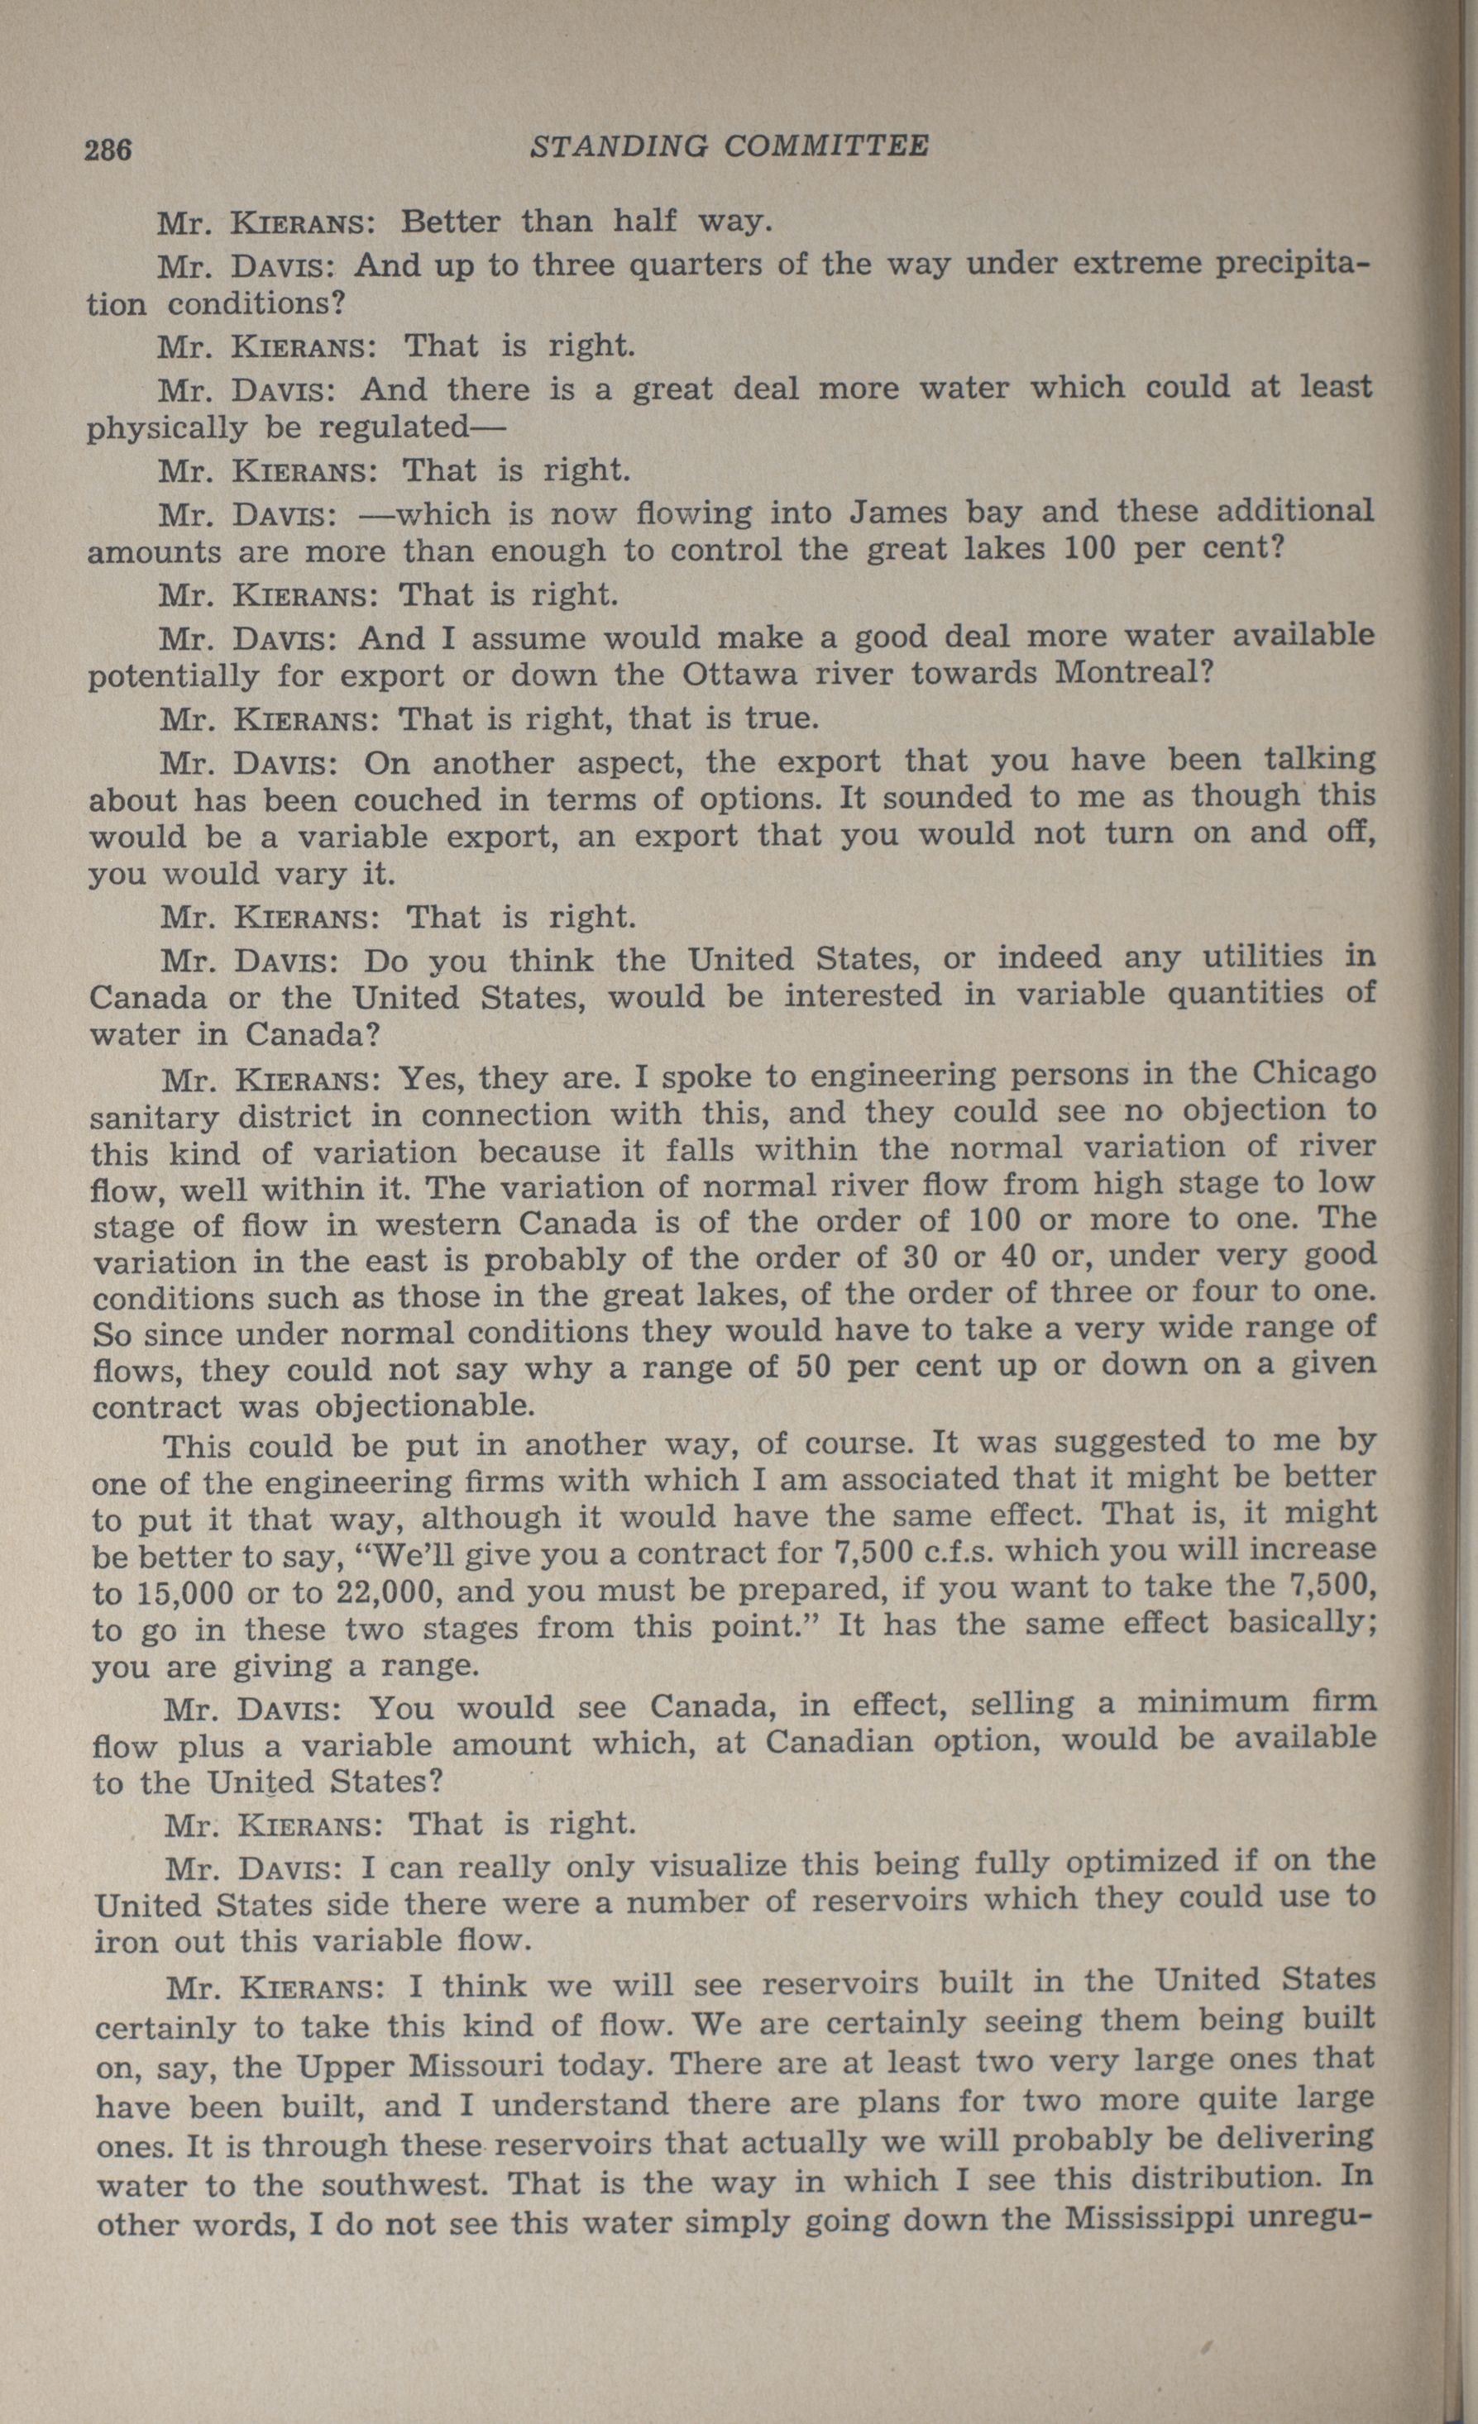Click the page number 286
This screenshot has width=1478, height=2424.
pos(108,150)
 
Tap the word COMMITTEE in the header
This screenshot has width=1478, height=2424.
pos(826,146)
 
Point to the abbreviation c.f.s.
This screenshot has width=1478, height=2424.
pos(930,1553)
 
